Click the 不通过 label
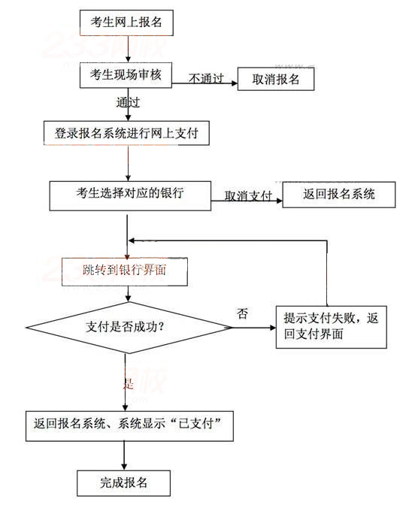pyautogui.click(x=205, y=78)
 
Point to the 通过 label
pyautogui.click(x=128, y=100)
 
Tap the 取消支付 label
pyautogui.click(x=247, y=196)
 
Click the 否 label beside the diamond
pyautogui.click(x=242, y=313)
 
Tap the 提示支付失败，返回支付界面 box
pyautogui.click(x=331, y=326)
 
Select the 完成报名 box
pyautogui.click(x=124, y=482)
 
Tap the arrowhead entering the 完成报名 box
pyautogui.click(x=124, y=467)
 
